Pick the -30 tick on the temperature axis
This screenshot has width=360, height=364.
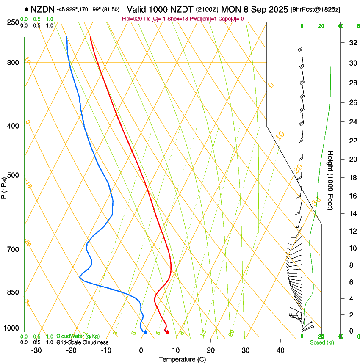click(x=36, y=350)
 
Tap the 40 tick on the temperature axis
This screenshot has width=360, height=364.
click(x=280, y=350)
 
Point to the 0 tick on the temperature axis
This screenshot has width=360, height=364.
click(x=141, y=350)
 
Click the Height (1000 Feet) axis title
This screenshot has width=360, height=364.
click(x=331, y=180)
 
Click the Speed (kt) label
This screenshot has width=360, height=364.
click(x=321, y=342)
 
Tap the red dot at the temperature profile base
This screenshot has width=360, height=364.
click(x=167, y=332)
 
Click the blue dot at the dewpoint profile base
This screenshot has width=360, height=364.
click(x=145, y=332)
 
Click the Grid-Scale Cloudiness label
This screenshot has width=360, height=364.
click(x=82, y=342)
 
